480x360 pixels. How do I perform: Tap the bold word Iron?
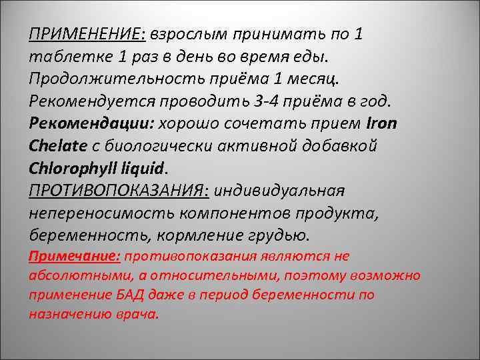pos(381,123)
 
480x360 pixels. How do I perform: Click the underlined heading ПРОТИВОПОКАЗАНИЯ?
pos(117,190)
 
